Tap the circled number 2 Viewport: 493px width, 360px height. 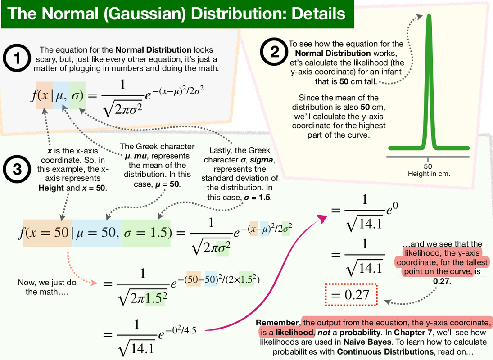point(274,53)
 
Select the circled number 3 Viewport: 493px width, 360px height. point(17,169)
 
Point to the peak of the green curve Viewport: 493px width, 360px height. point(429,18)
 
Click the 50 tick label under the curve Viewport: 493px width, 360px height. point(428,165)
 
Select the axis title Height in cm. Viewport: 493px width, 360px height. point(429,173)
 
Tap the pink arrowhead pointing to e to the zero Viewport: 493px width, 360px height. point(323,217)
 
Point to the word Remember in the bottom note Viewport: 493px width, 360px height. point(277,323)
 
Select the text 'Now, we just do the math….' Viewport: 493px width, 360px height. point(47,287)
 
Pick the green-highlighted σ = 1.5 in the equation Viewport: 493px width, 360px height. point(146,233)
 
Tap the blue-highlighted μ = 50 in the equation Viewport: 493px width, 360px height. point(97,233)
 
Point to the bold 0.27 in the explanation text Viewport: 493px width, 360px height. point(442,282)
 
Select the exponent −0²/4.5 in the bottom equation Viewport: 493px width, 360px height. point(181,330)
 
